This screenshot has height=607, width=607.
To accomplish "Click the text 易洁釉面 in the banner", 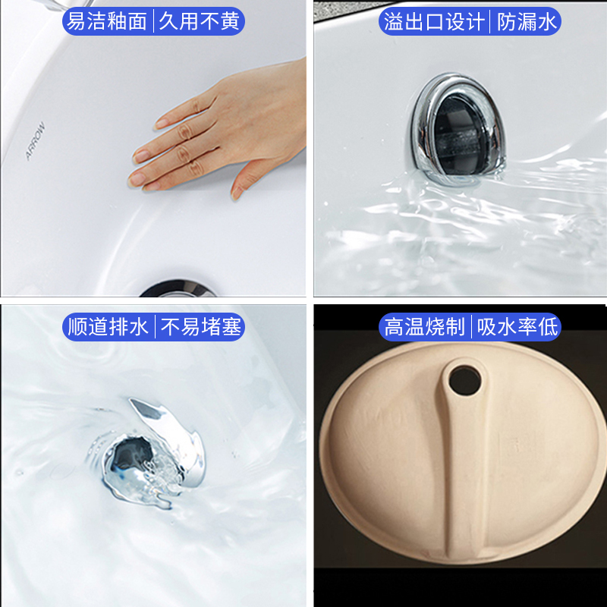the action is click(x=107, y=21).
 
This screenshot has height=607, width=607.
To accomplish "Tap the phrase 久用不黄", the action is click(x=200, y=21).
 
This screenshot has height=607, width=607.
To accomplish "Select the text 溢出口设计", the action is click(x=433, y=21).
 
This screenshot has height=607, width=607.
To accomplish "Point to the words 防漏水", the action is click(x=527, y=21).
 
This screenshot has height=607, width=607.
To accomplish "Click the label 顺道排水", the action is click(x=108, y=327).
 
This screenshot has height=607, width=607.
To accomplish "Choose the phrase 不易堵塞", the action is click(x=200, y=327).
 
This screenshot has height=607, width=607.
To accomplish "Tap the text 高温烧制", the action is click(x=424, y=327).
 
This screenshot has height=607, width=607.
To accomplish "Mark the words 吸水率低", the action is click(x=517, y=327).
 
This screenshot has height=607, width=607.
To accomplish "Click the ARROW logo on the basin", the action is click(x=35, y=141).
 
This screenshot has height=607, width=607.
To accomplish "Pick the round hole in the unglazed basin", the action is click(x=464, y=381).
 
